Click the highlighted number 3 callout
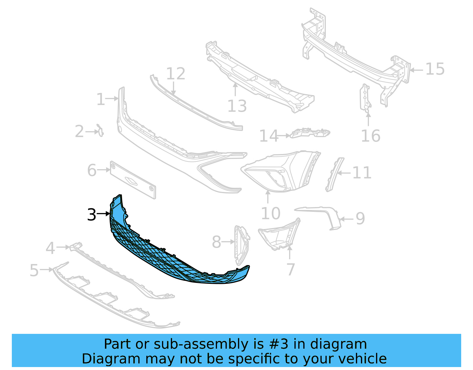92,214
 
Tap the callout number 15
435,69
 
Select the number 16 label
370,136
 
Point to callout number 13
237,106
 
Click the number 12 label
176,73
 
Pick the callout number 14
268,136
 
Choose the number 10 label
270,214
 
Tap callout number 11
362,173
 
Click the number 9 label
360,219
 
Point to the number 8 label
216,242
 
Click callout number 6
92,170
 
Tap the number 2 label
79,132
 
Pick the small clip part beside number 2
101,131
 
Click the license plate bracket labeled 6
133,180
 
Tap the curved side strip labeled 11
334,175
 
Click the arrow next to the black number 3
103,214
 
